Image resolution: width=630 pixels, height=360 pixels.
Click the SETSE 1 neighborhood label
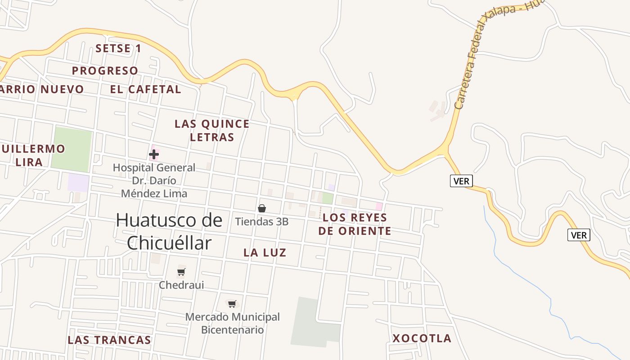tap(118, 49)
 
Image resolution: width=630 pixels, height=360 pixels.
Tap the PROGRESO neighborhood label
tap(105, 71)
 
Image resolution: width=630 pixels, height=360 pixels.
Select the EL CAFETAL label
tap(145, 89)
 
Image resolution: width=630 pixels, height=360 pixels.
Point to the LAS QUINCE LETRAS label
tap(212, 130)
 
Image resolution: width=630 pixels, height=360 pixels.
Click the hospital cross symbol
tap(154, 154)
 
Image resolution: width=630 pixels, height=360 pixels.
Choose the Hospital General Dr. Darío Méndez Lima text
tap(154, 180)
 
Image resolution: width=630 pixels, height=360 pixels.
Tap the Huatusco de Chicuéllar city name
tap(169, 231)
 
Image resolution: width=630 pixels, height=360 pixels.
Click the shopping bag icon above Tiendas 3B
tap(262, 208)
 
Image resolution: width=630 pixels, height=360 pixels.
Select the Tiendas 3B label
tap(262, 221)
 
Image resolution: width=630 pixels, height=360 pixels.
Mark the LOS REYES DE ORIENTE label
tap(355, 224)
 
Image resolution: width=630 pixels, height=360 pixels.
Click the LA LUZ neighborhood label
tap(265, 253)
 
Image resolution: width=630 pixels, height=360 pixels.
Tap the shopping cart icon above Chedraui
tap(181, 272)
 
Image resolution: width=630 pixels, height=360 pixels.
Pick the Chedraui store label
tap(181, 285)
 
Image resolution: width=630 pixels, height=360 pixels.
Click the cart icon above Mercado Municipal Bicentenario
tap(232, 304)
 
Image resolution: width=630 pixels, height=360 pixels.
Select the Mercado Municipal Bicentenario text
tap(232, 323)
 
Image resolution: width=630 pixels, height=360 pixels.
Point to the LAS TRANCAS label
tap(109, 340)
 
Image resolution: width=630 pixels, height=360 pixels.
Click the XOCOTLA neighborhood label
tap(422, 338)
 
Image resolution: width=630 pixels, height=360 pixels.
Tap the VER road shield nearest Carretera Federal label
tap(461, 181)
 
